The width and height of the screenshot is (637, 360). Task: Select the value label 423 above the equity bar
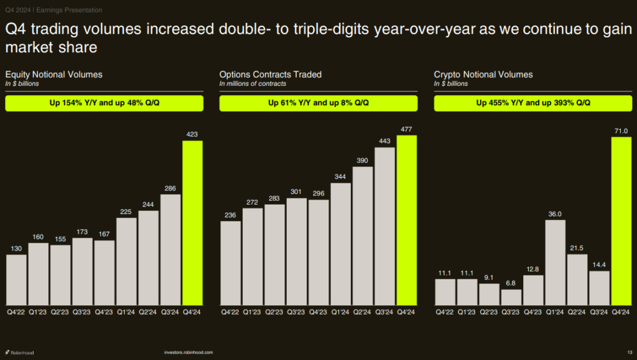point(192,134)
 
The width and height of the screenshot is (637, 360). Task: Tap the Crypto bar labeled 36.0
point(556,262)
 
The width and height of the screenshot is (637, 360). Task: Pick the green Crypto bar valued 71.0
point(621,220)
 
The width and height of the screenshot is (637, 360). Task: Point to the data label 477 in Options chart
point(407,129)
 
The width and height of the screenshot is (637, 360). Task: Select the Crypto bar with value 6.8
point(511,297)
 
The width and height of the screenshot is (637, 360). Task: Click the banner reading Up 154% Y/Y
point(104,103)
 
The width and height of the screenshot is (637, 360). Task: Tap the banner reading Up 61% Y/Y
point(318,103)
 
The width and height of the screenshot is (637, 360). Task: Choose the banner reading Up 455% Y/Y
point(533,103)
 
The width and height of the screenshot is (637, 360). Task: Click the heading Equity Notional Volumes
point(53,75)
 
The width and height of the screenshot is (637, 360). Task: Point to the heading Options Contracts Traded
point(271,75)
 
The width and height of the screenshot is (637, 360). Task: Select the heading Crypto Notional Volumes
point(483,75)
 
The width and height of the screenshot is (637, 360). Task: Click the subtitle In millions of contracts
point(253,84)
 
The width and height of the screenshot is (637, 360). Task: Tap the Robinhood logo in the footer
point(20,353)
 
